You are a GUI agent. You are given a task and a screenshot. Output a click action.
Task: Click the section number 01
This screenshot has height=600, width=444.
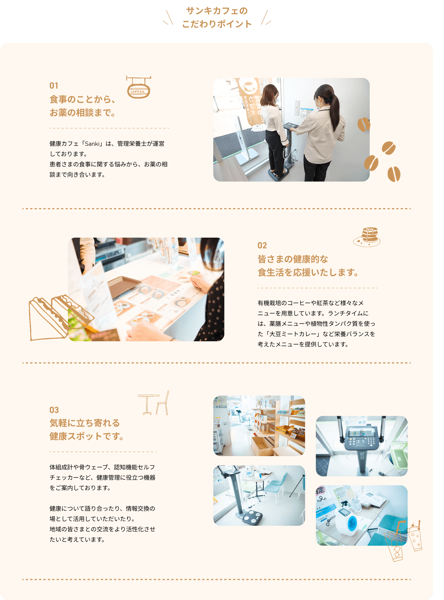54,86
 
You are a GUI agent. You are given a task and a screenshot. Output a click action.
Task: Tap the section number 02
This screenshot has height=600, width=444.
262,246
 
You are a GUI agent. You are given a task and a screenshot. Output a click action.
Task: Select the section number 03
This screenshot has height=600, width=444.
54,410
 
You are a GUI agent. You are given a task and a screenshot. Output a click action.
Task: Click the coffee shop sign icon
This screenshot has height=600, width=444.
138,87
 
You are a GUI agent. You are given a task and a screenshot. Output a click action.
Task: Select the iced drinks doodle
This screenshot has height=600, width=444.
403,540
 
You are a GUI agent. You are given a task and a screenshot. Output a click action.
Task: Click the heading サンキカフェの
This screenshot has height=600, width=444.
217,11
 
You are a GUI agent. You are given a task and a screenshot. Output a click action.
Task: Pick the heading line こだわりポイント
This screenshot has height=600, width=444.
217,24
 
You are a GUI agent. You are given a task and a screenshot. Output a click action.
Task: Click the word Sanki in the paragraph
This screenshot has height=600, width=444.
92,144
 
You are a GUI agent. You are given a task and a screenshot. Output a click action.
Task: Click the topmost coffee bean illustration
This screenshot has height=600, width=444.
364,124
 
